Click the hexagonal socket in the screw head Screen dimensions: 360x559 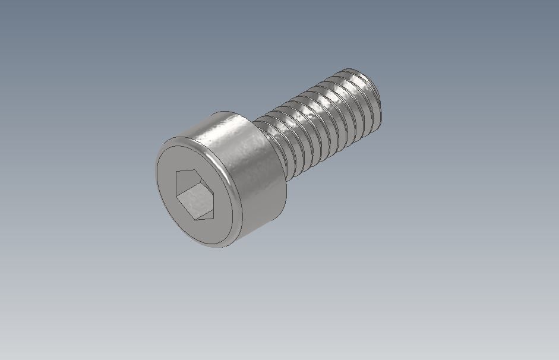tap(195, 195)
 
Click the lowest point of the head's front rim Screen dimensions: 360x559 tap(220, 247)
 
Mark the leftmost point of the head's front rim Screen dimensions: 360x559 tap(156, 178)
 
